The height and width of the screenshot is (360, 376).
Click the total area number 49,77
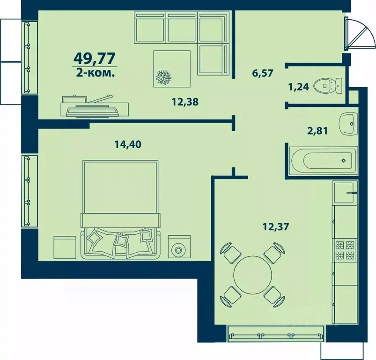(95, 58)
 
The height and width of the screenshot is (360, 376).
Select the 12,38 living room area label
(185, 102)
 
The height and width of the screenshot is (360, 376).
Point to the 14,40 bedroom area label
(128, 144)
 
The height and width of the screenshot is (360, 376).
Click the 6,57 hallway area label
(263, 73)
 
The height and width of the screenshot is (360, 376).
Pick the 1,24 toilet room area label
(299, 87)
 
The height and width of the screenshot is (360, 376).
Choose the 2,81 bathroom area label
(317, 131)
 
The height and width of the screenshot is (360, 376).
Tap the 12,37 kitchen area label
(276, 226)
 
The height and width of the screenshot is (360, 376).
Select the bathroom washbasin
(348, 124)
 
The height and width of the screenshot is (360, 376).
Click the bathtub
(324, 161)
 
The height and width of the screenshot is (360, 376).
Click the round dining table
(253, 275)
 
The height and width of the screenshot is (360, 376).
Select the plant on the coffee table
(163, 77)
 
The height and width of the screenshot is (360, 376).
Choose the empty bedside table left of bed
(65, 247)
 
